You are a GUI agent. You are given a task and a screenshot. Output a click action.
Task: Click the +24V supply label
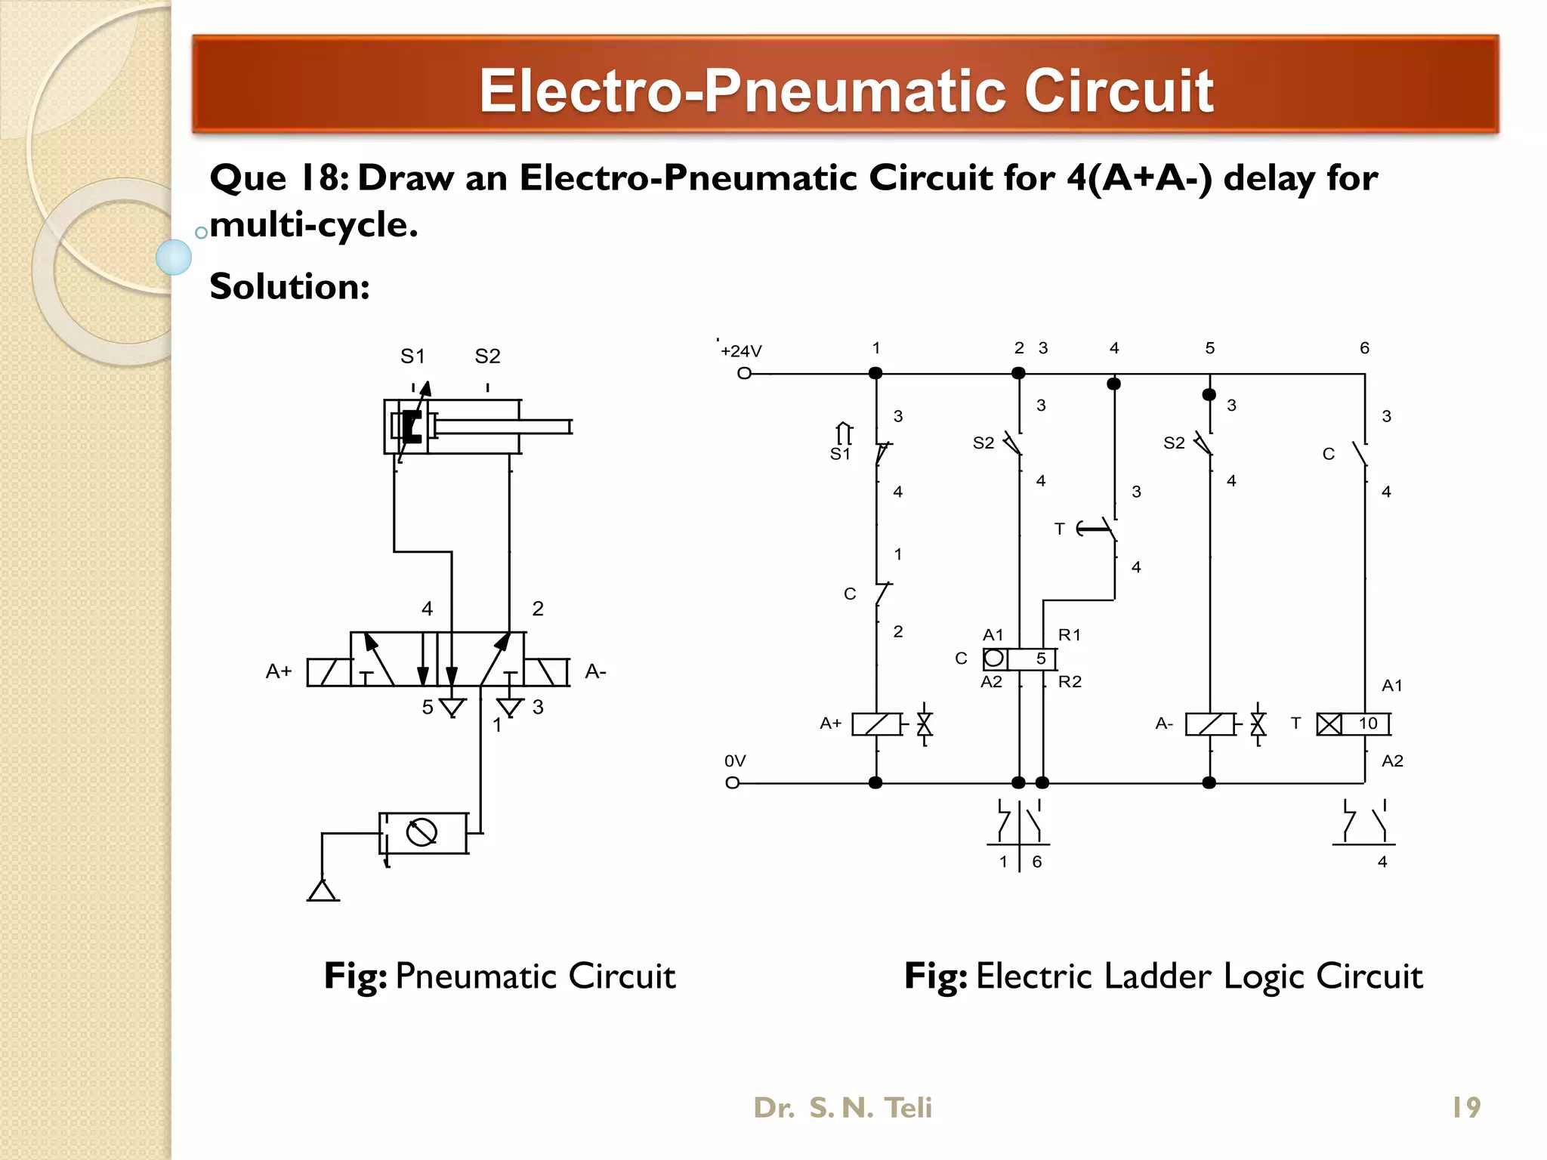click(741, 351)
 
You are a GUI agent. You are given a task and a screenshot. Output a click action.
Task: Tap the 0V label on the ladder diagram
click(734, 760)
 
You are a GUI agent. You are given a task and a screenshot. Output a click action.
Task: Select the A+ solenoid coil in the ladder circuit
click(876, 724)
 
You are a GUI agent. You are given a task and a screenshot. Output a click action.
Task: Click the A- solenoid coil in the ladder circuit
click(1210, 724)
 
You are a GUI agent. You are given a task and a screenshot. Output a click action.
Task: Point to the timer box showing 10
click(1353, 723)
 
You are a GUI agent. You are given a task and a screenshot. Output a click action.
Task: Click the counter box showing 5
click(1019, 659)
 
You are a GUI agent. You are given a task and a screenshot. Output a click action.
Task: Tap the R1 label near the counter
click(1069, 635)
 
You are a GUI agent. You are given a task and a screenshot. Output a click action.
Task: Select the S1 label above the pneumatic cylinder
click(412, 356)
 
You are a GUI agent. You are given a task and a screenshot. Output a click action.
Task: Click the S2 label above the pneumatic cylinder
click(487, 356)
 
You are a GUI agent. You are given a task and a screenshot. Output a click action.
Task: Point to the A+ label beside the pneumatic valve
click(279, 671)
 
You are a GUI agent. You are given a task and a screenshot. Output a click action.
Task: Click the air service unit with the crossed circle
click(422, 833)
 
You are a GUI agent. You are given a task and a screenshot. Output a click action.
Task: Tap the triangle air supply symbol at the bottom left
click(323, 891)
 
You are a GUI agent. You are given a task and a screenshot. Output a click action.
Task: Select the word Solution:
click(289, 287)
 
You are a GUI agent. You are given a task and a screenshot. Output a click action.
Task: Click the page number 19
click(1466, 1107)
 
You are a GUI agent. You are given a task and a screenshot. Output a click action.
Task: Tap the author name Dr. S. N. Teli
click(842, 1107)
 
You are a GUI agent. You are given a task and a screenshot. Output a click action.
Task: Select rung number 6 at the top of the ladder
click(1364, 348)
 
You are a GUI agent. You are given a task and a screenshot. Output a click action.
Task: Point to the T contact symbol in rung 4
click(1099, 529)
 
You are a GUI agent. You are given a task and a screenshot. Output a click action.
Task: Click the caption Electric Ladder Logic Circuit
click(1199, 976)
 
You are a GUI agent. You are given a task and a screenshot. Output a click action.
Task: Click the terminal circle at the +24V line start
click(744, 373)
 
